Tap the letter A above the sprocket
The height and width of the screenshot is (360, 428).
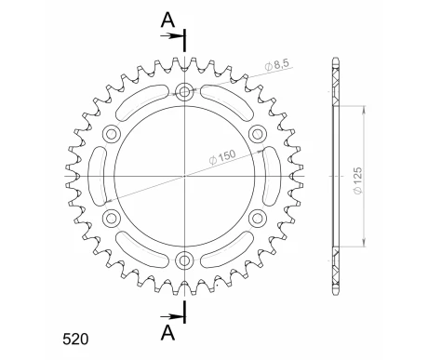tap(165, 19)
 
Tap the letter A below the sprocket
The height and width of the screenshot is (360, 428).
tap(165, 332)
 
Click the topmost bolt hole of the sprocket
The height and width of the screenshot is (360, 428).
tap(184, 91)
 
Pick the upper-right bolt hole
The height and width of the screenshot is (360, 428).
tap(257, 133)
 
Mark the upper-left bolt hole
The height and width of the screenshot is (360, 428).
tap(112, 133)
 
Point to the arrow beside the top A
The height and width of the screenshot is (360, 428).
tap(174, 37)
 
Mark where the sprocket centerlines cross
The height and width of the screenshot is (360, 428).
tap(184, 175)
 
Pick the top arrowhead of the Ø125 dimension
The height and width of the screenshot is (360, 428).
tap(361, 107)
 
